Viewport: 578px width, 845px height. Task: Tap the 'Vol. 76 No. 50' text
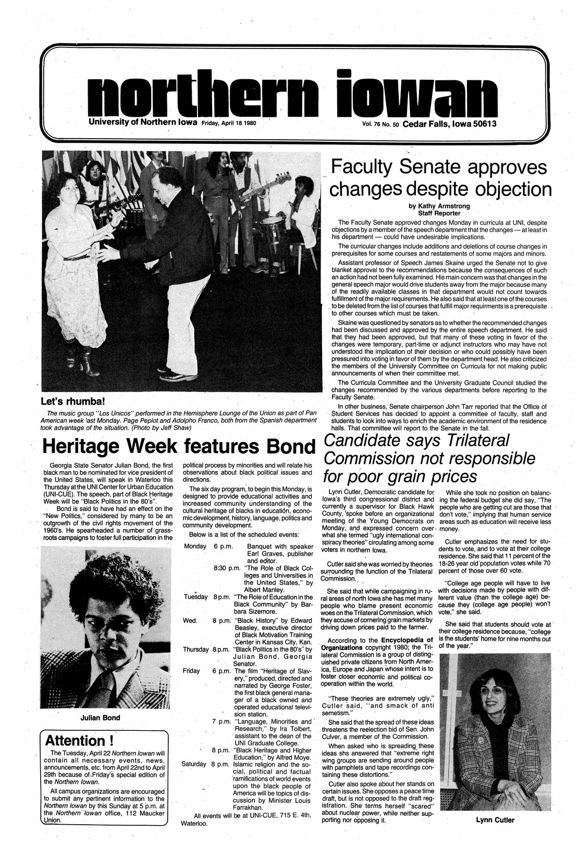click(378, 124)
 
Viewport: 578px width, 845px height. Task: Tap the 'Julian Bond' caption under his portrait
click(101, 718)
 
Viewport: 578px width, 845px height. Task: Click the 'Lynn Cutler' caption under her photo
click(495, 820)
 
